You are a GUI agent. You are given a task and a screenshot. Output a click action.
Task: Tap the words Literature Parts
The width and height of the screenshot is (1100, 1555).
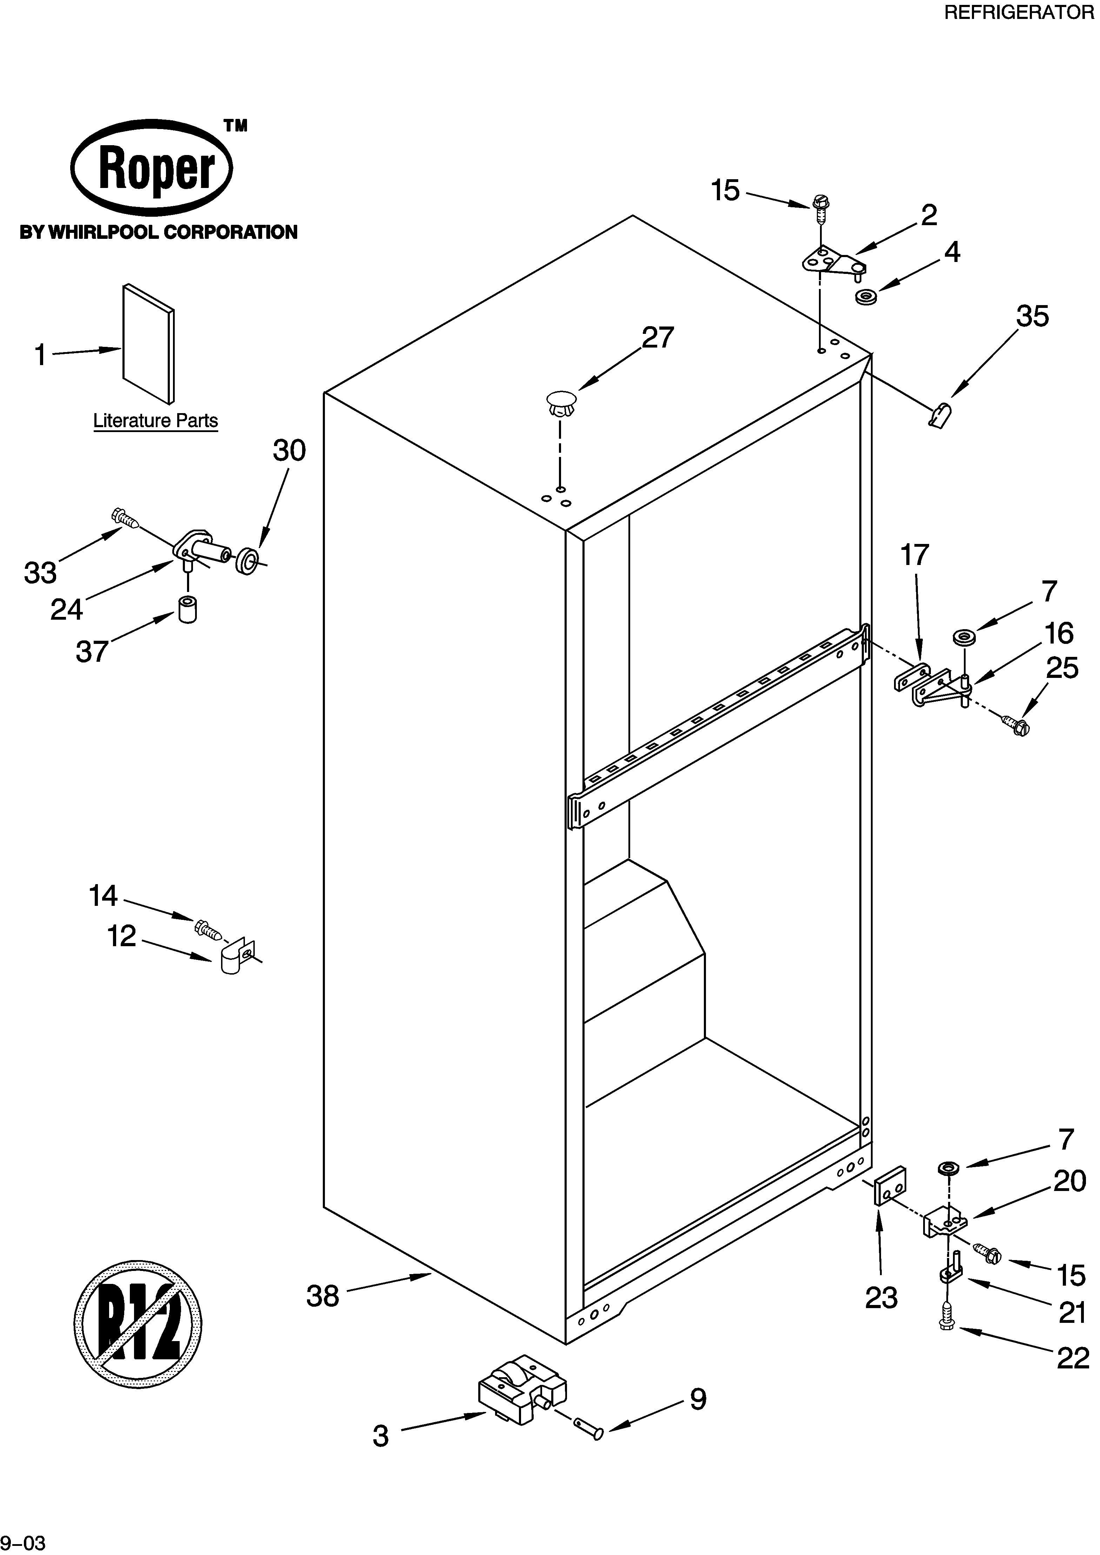coord(155,420)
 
